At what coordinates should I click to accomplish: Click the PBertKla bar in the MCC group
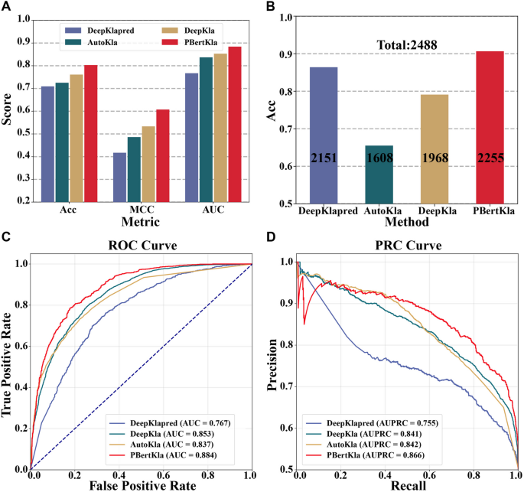pos(161,156)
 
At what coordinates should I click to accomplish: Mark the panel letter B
pos(270,6)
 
